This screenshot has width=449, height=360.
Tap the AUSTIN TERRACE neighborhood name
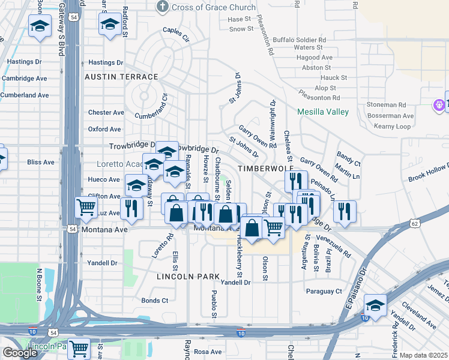[121, 77]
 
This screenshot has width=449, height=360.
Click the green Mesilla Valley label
[323, 112]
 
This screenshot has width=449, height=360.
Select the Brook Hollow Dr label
[428, 172]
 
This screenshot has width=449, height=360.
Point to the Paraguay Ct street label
[324, 292]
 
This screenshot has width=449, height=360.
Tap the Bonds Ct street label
[155, 301]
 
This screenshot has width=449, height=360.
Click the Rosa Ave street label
[208, 352]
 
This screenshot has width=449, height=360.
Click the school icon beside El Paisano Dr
[375, 305]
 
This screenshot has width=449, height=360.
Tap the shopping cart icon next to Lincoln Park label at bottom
[79, 347]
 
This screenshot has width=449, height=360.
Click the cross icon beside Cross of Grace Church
[161, 7]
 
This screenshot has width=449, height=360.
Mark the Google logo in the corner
[20, 353]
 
